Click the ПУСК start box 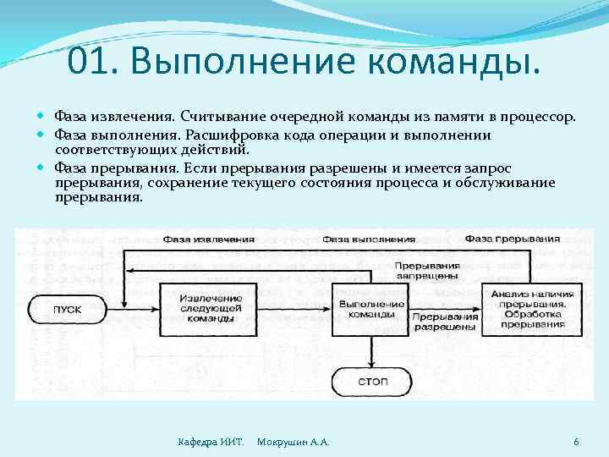[x=68, y=309]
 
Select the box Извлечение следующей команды [x=201, y=309]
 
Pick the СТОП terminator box [x=372, y=381]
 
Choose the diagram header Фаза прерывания [x=512, y=238]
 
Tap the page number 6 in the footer [x=576, y=442]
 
